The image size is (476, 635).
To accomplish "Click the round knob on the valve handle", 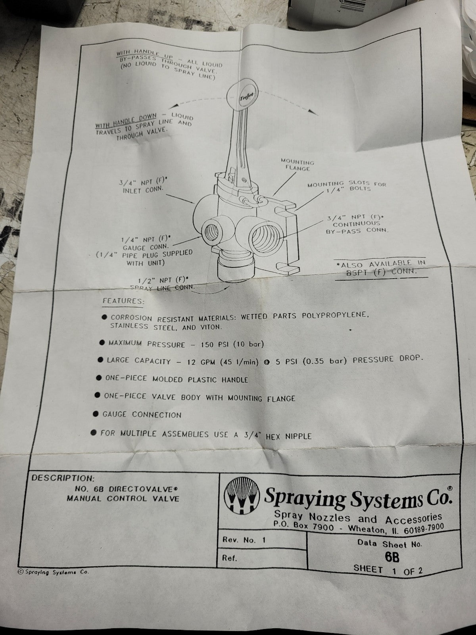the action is tap(242, 96).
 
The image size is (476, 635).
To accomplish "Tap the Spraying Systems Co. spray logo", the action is tap(242, 496).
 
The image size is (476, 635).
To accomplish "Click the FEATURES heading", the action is tap(123, 301).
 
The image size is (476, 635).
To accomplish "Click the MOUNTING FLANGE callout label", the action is tap(297, 165).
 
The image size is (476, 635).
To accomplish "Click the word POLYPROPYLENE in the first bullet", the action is tap(335, 315).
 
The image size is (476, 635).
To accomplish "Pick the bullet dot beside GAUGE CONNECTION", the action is tap(96, 414).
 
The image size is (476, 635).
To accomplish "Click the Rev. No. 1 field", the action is tap(244, 540).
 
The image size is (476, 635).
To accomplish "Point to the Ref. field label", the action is tap(230, 558).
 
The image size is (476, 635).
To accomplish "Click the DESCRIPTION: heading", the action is tap(63, 477).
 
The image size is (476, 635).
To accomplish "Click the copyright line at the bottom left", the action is tap(54, 572).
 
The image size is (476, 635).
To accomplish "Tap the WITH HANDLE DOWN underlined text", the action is tap(126, 121).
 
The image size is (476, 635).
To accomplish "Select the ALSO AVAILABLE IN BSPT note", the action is tap(381, 267).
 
